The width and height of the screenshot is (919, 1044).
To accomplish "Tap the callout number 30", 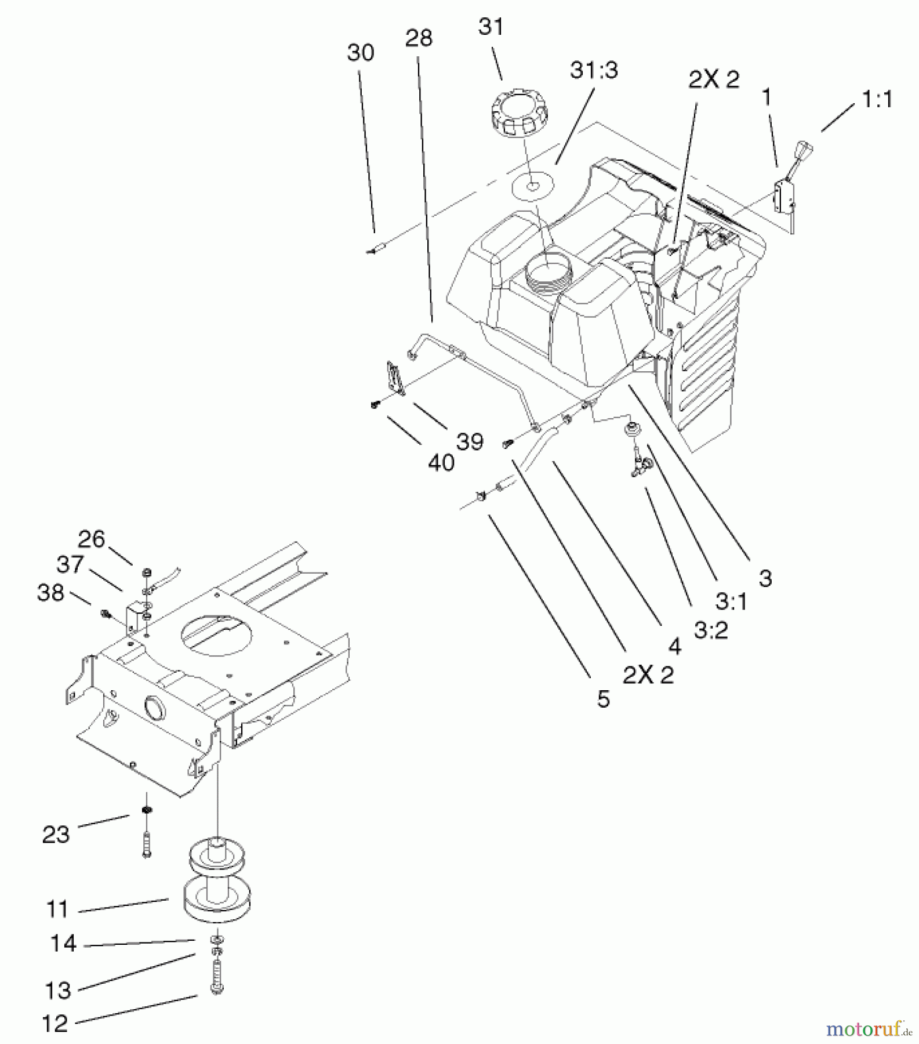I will click(x=360, y=53).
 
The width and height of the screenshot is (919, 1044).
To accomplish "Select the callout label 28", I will click(x=419, y=38).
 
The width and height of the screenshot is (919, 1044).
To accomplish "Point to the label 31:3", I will click(x=594, y=70).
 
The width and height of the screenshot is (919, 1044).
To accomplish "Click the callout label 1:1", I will click(x=877, y=100).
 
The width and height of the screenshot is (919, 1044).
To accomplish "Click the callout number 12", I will click(x=55, y=1024).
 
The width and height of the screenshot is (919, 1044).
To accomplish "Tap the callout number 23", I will click(x=56, y=835).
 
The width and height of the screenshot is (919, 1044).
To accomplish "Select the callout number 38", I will click(x=50, y=592).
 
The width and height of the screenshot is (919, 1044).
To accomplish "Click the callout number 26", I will click(x=92, y=539).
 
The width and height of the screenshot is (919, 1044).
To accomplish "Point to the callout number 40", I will click(x=441, y=462).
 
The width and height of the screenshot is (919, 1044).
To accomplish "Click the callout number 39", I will click(x=470, y=442).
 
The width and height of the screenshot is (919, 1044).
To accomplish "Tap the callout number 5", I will click(x=604, y=699).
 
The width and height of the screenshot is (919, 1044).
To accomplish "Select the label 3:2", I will click(x=711, y=630).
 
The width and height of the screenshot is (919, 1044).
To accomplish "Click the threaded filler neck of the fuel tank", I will click(x=548, y=271).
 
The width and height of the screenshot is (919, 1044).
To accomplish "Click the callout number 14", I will click(x=63, y=944).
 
